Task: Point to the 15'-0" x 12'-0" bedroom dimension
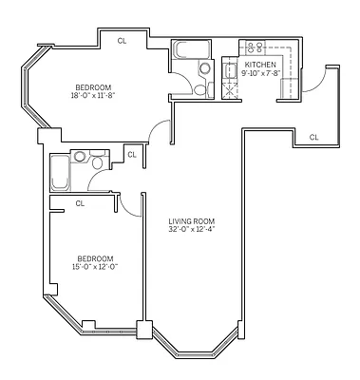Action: pos(96,267)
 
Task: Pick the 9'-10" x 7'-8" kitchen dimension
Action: pos(262,72)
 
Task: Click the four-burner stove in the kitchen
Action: pos(254,48)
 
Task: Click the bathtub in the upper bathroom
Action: pos(188,49)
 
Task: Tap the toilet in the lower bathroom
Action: pos(80,157)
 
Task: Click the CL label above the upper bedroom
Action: pos(122,41)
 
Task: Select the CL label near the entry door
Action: pos(313,138)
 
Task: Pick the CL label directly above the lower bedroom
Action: pos(81,202)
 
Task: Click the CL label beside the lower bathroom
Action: pos(131,154)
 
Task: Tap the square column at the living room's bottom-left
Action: pos(143,331)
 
